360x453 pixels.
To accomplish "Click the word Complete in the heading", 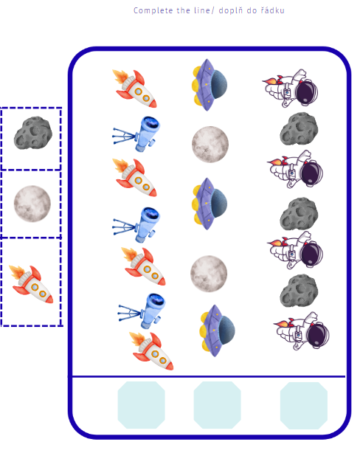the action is [x=153, y=10].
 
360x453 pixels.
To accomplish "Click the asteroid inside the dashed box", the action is [x=33, y=134].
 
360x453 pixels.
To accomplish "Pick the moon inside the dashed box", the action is [x=32, y=204].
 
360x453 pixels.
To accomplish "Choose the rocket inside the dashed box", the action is [x=31, y=284].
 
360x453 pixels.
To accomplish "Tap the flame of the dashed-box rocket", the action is [x=17, y=272].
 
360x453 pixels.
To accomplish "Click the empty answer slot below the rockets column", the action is [x=142, y=405].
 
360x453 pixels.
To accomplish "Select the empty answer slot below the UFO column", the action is [x=218, y=405].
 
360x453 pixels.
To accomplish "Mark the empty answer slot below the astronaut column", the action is [x=304, y=406].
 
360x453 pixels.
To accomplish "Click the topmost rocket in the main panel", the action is [x=135, y=89].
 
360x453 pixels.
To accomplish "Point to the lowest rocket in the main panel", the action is [x=151, y=351].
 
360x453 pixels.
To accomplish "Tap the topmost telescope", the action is [x=136, y=134].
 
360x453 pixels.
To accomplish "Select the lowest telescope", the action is [x=142, y=311].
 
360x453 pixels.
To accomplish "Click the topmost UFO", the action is [x=210, y=85].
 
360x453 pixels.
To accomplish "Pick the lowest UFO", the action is [x=218, y=331].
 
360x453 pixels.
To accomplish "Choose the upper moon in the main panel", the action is [x=210, y=145].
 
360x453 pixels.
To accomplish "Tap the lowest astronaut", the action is [x=301, y=331].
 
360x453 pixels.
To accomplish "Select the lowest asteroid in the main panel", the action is [x=299, y=291].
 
